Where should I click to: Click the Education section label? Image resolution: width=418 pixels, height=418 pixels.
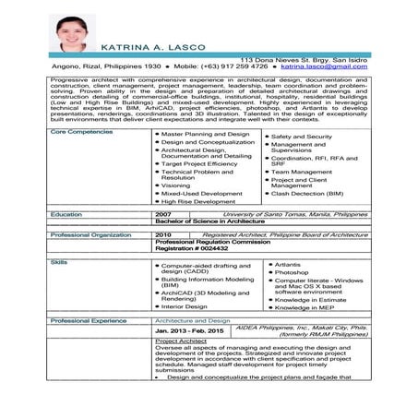coord(66,213)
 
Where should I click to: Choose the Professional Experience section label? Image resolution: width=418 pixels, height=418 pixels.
coord(89,319)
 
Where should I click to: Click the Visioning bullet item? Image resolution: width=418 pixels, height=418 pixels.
coord(176,185)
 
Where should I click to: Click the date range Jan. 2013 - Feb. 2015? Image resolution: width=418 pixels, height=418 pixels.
coord(189,329)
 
